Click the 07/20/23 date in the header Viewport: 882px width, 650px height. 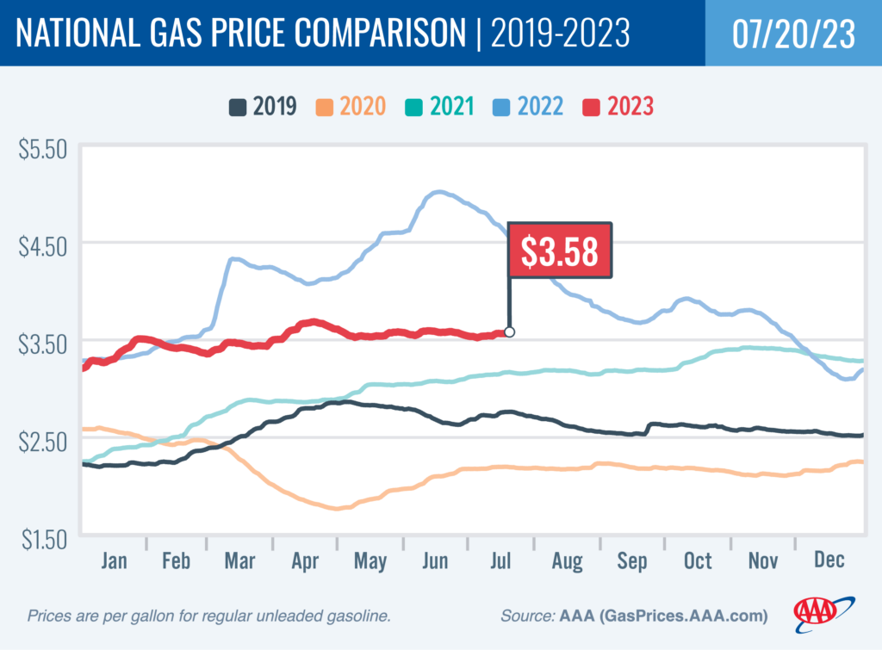tap(793, 33)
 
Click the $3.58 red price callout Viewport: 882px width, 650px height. tap(560, 251)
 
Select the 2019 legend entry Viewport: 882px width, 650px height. tap(264, 107)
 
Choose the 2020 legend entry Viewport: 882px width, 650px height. tap(351, 107)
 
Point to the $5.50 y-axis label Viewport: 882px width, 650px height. tap(42, 147)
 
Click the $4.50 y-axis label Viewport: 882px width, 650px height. tap(42, 246)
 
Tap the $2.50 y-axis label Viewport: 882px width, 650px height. tap(42, 441)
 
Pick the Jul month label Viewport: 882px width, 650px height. tap(500, 560)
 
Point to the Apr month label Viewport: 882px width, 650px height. tap(306, 560)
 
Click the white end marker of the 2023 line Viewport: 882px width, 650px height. tap(509, 331)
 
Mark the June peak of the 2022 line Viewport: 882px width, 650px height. tap(439, 192)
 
